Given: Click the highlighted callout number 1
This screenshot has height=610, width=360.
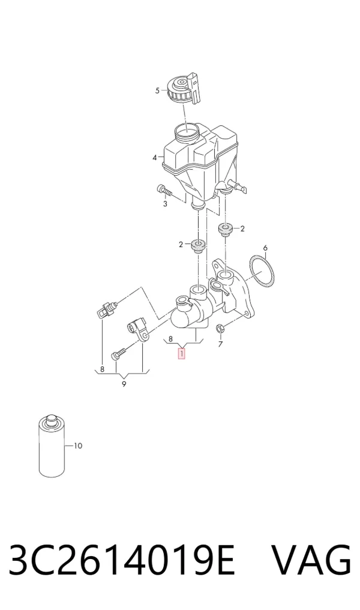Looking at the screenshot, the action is pyautogui.click(x=181, y=354).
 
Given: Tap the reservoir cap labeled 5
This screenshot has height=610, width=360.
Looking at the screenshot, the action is pyautogui.click(x=184, y=90).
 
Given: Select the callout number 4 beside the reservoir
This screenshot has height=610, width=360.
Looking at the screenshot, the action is pyautogui.click(x=155, y=158).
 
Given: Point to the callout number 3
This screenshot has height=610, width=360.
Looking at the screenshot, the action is pyautogui.click(x=165, y=204).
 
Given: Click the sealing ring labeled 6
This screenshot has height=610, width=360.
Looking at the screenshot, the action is pyautogui.click(x=261, y=271).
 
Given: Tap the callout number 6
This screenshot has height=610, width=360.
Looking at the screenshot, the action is pyautogui.click(x=265, y=248).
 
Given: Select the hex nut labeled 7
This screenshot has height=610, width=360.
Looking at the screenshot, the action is pyautogui.click(x=219, y=328).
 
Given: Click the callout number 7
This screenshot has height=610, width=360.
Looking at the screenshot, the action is pyautogui.click(x=220, y=344).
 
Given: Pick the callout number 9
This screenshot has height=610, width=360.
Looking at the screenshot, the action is pyautogui.click(x=124, y=384).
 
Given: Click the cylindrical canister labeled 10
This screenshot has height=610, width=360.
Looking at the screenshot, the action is pyautogui.click(x=52, y=446).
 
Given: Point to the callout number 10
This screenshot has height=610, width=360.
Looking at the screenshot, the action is pyautogui.click(x=78, y=446).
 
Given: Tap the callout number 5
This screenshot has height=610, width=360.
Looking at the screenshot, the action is pyautogui.click(x=157, y=91).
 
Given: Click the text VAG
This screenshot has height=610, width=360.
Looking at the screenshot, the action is pyautogui.click(x=311, y=560).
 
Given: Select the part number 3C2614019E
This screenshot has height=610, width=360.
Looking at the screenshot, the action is pyautogui.click(x=122, y=560).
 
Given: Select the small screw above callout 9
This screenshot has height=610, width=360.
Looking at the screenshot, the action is pyautogui.click(x=118, y=354).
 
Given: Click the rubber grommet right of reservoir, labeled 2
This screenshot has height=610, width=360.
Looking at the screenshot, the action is pyautogui.click(x=224, y=229).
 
